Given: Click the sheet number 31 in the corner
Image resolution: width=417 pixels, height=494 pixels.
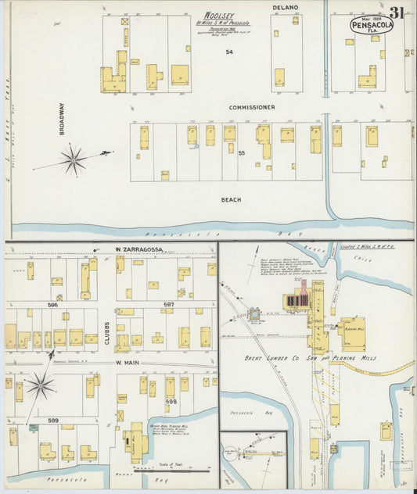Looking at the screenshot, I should (397, 12).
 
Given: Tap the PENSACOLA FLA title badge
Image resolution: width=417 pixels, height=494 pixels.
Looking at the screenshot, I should (373, 25).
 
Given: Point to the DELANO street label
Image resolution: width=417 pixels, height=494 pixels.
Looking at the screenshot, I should (286, 7).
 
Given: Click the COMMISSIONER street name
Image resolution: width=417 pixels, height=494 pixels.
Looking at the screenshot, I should (252, 107).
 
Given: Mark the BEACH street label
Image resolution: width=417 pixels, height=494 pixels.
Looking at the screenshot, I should (231, 199).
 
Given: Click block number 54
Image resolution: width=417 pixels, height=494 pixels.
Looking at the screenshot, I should (229, 52).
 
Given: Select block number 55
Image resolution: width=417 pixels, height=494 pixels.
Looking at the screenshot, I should (242, 153).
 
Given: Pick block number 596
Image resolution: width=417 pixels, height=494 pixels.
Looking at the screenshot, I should (53, 306).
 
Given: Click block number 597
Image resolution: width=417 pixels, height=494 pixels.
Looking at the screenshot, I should (168, 305).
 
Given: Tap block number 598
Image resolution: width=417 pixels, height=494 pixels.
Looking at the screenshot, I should (171, 401).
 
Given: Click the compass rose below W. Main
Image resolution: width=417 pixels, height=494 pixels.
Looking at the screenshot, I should (41, 385).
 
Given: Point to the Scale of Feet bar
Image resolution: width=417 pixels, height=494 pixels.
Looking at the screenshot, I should (172, 469).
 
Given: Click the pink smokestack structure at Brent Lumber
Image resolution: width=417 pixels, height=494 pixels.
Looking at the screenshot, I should (304, 288).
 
